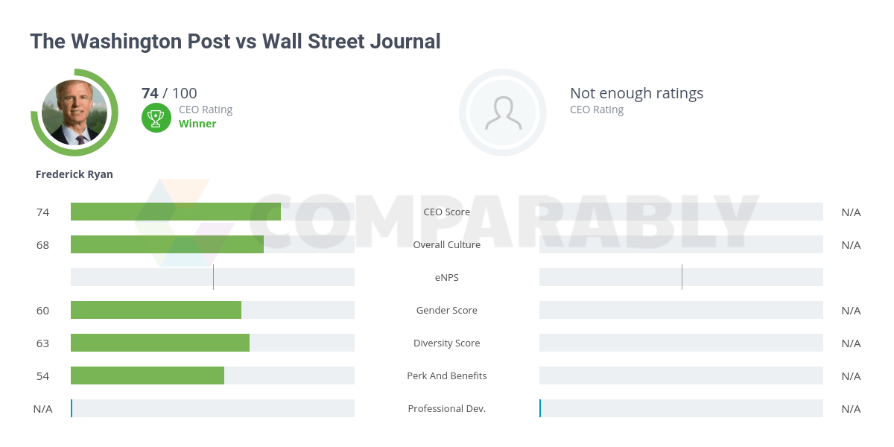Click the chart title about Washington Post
click(235, 41)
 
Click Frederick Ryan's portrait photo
click(74, 112)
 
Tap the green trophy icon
click(156, 117)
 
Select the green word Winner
click(197, 124)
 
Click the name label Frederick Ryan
click(74, 174)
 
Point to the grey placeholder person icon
click(503, 112)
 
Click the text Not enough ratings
click(636, 93)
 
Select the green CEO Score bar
click(175, 212)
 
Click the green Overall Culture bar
click(167, 244)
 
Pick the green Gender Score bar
click(156, 310)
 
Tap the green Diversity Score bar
click(159, 343)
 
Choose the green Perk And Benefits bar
click(147, 375)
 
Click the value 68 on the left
click(42, 244)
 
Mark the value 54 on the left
click(42, 375)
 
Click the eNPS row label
click(447, 277)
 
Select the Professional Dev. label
click(447, 408)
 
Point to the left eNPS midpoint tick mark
click(213, 277)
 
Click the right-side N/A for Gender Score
click(851, 310)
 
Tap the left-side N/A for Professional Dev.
click(42, 408)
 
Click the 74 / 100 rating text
click(169, 93)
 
